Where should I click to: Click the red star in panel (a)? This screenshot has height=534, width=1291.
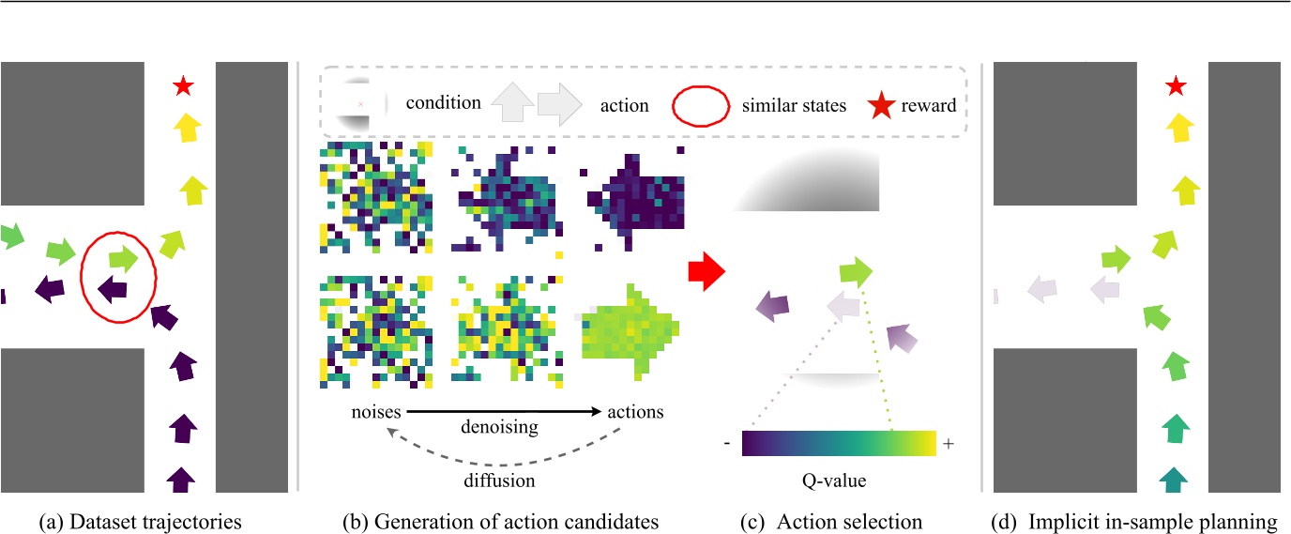tap(183, 87)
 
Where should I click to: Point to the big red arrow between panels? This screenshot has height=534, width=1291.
tap(707, 271)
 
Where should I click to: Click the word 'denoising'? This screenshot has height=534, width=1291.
tap(498, 427)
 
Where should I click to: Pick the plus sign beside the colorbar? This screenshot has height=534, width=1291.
tap(948, 444)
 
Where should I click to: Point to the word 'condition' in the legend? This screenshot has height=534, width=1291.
tap(444, 104)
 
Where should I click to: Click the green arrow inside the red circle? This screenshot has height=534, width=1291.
tap(123, 256)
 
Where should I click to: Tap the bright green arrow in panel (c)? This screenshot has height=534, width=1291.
tap(855, 272)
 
